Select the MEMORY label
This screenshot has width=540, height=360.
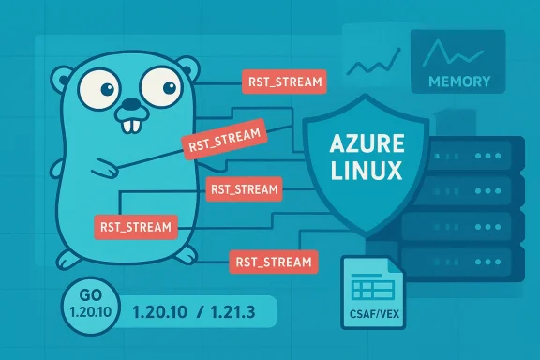pos(458,81)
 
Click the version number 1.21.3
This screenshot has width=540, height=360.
pos(231,310)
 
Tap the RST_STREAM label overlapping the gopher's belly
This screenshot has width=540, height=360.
pos(135,225)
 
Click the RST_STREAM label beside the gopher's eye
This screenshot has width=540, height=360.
pos(283,81)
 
